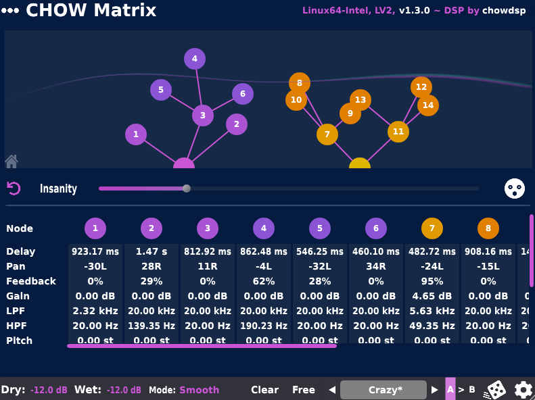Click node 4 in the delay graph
coord(195,59)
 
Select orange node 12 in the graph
coord(421,87)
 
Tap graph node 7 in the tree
coord(327,134)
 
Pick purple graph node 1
coord(136,134)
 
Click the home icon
coord(11,161)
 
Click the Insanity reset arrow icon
coord(14,189)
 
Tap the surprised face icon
coord(515,189)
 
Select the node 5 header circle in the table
coord(320,228)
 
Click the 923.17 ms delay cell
coord(95,251)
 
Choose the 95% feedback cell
coord(432,281)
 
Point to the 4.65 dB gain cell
coord(432,296)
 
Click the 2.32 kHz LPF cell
coord(95,311)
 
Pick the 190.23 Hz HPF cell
coord(264,326)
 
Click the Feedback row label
coord(31,281)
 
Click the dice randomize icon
coord(496,390)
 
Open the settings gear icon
coord(523,390)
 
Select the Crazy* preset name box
coord(385,390)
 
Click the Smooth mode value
coord(199,390)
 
